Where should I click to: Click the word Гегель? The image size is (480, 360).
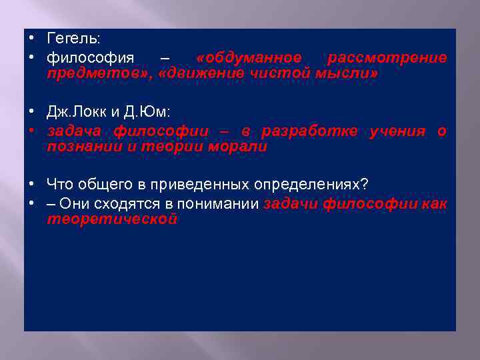(72, 41)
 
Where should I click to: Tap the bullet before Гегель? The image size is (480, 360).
(32, 40)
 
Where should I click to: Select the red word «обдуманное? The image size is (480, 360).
(249, 58)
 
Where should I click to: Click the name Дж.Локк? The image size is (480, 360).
(77, 115)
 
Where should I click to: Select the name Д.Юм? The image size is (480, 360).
(139, 115)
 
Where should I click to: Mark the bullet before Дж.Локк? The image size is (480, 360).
(32, 113)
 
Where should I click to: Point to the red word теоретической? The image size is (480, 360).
(112, 219)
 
